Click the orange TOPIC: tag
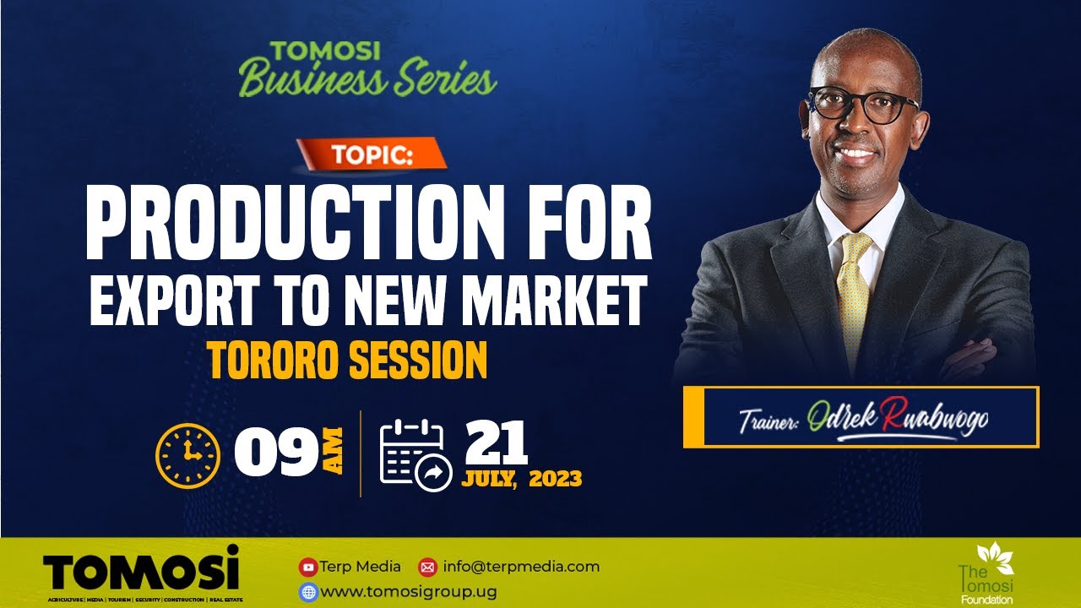coord(371,155)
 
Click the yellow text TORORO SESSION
coord(347,361)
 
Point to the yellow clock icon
coord(187,454)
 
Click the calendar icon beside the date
coord(415,454)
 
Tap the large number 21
coord(497,442)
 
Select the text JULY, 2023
coord(521,480)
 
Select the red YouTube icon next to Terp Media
coord(308,567)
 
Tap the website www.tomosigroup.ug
coord(409,592)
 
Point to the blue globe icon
coord(308,592)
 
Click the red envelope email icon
coord(427,567)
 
